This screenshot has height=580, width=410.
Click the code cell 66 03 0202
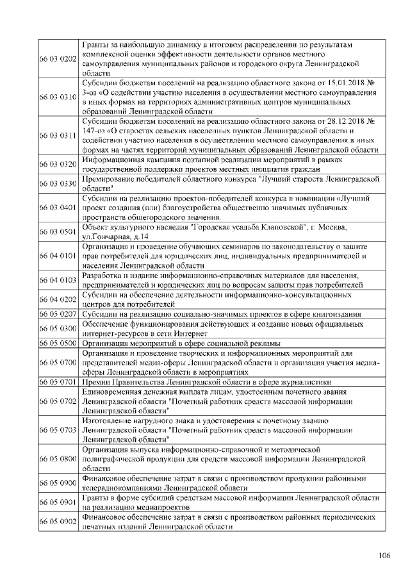(58, 58)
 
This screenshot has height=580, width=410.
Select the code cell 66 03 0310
(58, 97)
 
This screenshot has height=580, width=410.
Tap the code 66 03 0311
(58, 136)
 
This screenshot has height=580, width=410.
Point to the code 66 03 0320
(58, 164)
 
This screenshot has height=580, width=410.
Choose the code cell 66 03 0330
(58, 183)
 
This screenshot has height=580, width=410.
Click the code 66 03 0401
(58, 208)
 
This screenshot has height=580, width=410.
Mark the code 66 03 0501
(58, 232)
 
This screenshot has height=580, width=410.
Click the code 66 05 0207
(58, 314)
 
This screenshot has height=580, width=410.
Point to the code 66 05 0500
(58, 343)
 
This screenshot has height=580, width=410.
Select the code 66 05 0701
(58, 381)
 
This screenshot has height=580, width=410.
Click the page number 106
(384, 554)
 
